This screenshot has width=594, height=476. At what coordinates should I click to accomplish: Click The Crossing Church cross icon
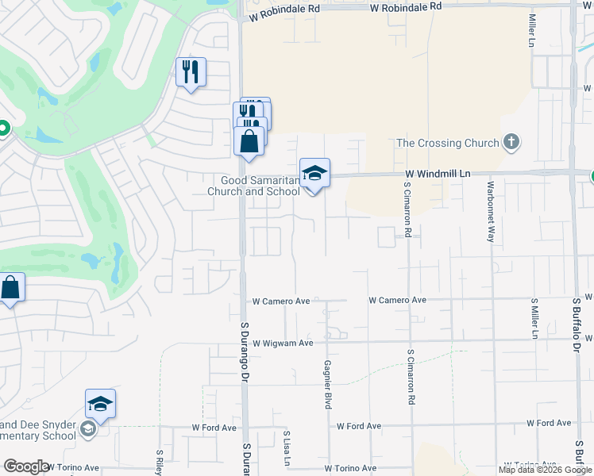[512, 143]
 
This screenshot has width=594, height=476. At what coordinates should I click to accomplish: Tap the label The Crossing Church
[448, 144]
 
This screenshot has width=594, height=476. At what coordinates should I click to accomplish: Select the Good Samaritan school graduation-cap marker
[314, 172]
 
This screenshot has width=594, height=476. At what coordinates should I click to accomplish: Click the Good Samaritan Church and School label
[253, 186]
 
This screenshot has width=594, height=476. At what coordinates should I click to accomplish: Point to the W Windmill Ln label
[438, 173]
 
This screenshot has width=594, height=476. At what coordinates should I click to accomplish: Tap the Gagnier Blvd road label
[327, 385]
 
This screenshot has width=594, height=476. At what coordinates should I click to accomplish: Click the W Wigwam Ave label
[283, 343]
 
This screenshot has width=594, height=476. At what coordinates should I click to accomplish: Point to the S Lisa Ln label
[286, 449]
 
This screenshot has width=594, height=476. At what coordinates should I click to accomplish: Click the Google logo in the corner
[25, 466]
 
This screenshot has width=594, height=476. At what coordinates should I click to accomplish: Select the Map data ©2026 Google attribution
[545, 470]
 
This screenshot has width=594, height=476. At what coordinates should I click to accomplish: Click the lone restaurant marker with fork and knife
[191, 72]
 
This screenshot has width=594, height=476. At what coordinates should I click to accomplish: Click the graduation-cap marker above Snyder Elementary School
[101, 404]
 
